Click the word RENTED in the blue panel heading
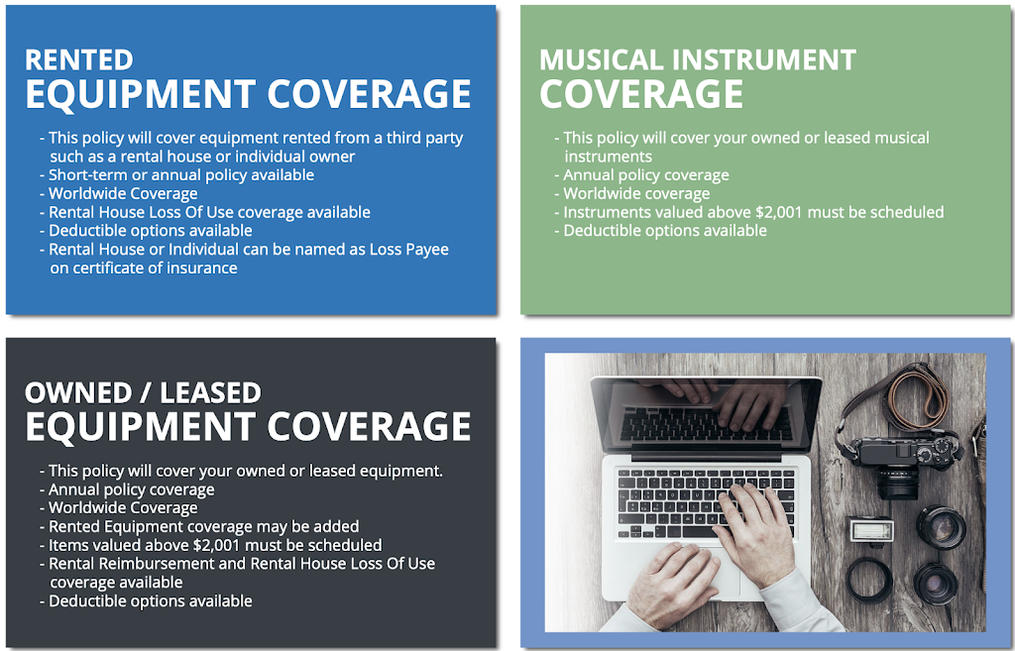79,59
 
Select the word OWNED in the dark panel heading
78,392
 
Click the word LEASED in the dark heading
210,392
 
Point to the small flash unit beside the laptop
871,531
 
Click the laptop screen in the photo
706,414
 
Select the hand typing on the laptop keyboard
754,524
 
